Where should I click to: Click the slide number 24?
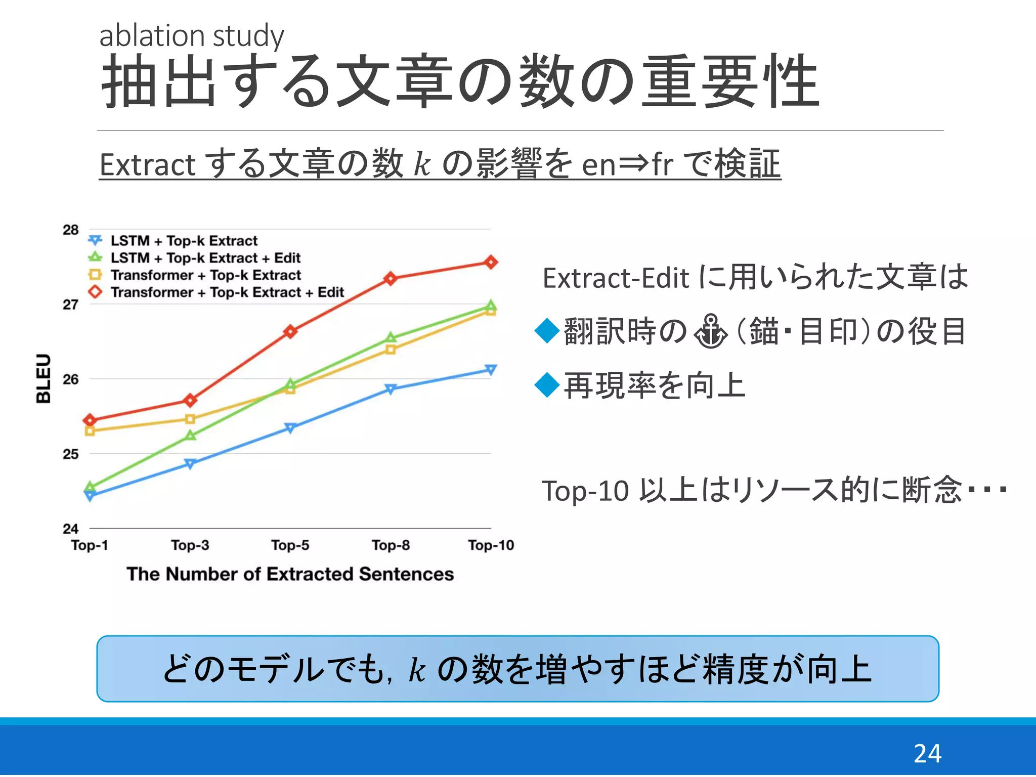click(927, 753)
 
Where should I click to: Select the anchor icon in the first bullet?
click(710, 331)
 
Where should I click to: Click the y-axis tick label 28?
click(71, 230)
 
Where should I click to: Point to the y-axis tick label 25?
click(71, 454)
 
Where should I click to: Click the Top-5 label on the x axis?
click(290, 545)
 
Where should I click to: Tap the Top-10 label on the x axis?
click(491, 545)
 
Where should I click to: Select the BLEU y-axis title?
click(44, 378)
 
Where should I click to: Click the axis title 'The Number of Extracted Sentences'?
click(290, 574)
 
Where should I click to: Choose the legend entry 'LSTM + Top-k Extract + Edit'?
click(205, 258)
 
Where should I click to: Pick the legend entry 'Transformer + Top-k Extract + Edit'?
click(227, 292)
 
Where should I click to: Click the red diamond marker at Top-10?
click(491, 262)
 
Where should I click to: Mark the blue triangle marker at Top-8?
click(390, 389)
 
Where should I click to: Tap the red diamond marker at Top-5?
click(290, 332)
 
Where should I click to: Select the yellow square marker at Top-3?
click(190, 419)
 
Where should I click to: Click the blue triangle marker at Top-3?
click(190, 464)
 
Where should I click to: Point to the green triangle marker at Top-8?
click(390, 337)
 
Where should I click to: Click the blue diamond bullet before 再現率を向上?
click(547, 385)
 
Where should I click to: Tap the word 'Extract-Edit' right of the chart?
click(616, 278)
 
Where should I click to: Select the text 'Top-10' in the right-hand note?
click(585, 491)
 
